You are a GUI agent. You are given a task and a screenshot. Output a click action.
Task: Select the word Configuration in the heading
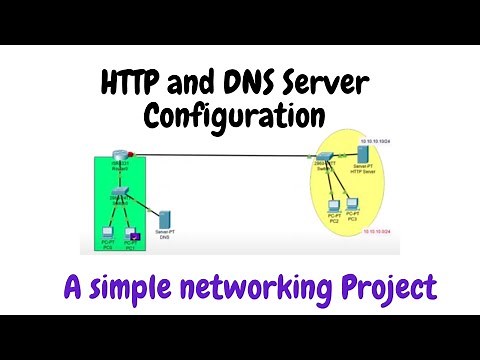[x=234, y=117]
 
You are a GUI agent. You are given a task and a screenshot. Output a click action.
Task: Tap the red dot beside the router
[x=131, y=154]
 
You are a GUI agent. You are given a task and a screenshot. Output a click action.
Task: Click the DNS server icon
[x=166, y=218]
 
